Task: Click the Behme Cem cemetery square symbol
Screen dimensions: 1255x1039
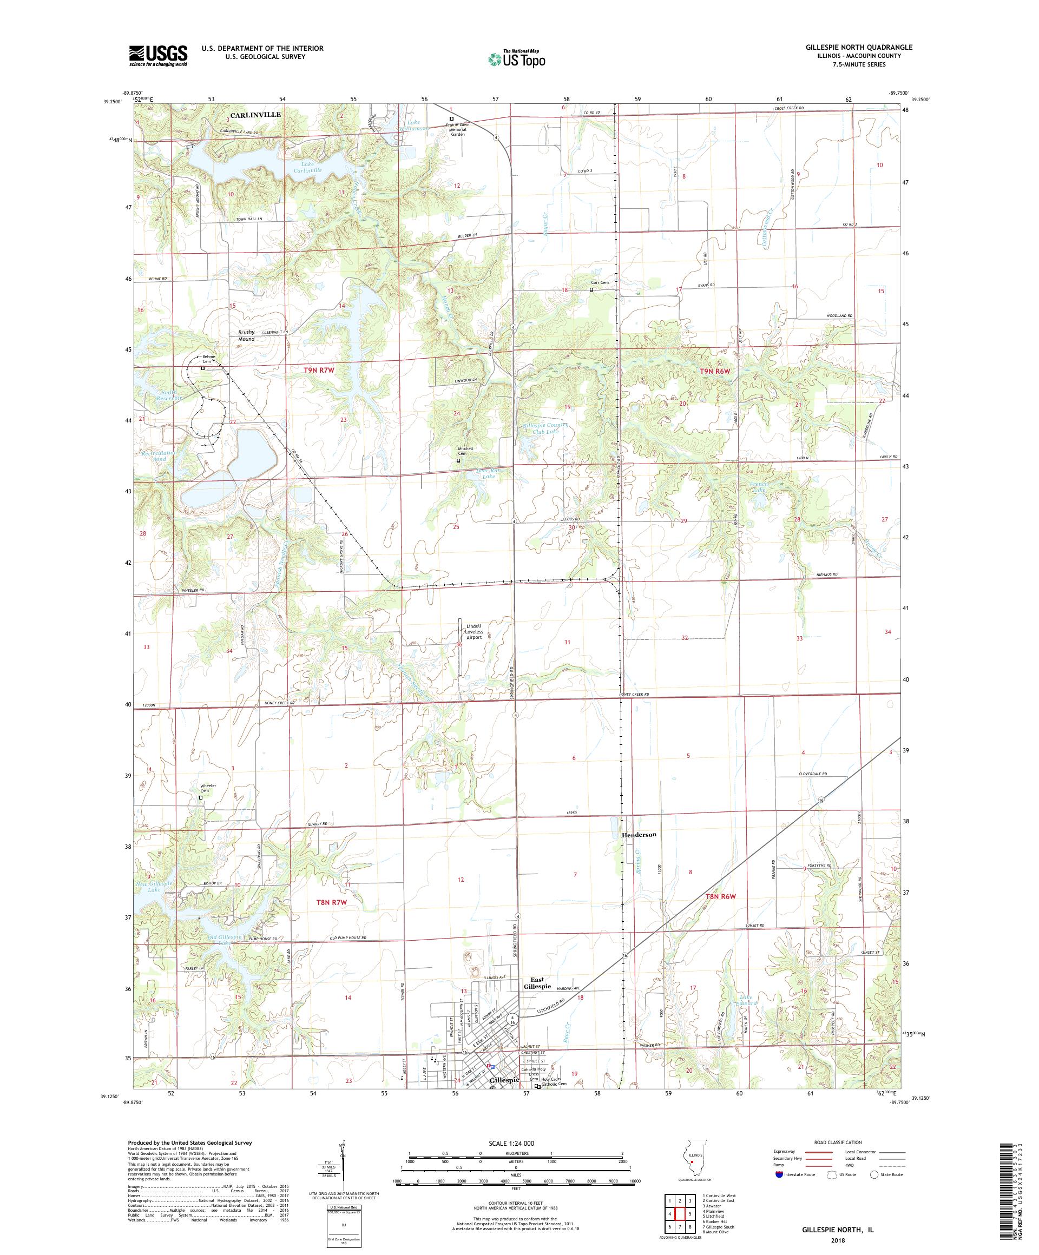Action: point(202,369)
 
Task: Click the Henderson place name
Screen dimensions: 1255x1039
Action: point(639,834)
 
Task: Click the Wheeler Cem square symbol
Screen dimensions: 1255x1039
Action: point(201,797)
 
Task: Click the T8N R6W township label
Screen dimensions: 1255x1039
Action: point(719,896)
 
